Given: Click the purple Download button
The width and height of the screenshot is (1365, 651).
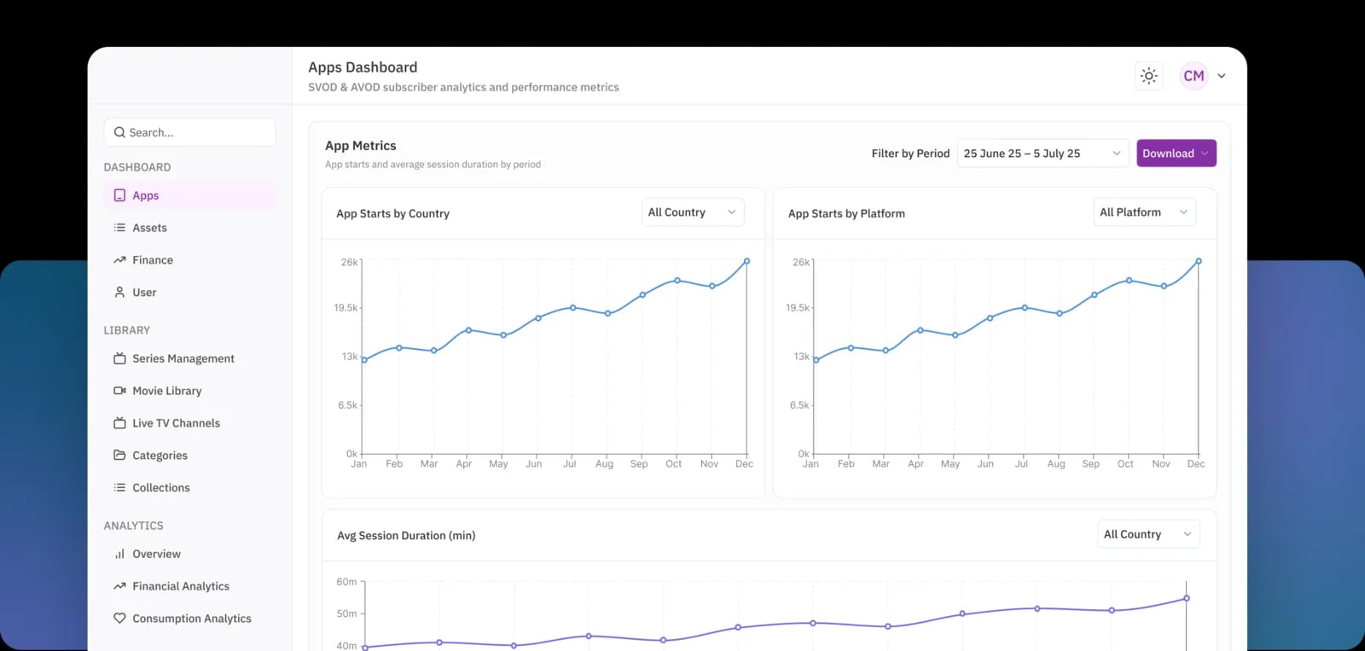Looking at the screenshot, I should tap(1175, 154).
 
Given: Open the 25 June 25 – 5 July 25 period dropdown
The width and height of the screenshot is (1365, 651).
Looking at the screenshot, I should tap(1042, 154).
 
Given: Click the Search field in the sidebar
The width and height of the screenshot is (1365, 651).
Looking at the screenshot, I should tap(189, 132).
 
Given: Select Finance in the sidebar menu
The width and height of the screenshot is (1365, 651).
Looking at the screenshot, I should tap(153, 260).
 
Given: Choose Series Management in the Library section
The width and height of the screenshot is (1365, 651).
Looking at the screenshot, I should tap(183, 358).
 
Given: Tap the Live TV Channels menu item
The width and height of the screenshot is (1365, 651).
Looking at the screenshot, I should tap(176, 423).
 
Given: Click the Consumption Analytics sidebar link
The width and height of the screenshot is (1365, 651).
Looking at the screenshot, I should tap(191, 619).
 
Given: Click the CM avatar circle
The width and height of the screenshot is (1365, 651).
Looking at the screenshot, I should tap(1194, 76).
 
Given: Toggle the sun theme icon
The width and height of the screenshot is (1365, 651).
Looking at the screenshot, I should tap(1149, 76).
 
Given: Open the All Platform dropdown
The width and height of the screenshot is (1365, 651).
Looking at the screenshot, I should tap(1143, 212).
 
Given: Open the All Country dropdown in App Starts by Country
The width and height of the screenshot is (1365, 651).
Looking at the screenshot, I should tap(692, 212).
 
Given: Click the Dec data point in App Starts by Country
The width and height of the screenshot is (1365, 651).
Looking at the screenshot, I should tap(746, 261).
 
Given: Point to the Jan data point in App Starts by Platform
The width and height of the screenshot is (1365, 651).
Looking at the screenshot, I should tap(816, 360).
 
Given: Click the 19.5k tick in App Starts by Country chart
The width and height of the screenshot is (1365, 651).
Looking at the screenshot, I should tap(346, 308).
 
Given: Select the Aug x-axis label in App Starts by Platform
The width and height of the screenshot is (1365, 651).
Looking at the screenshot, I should tap(1056, 464).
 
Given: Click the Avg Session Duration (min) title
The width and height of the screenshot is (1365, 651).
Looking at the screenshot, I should tap(406, 536).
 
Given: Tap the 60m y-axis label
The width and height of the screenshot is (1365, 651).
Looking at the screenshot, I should tap(346, 582).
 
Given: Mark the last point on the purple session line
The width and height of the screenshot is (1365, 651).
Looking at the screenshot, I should tap(1186, 598).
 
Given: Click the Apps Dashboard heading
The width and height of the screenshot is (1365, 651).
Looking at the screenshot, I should tap(363, 67).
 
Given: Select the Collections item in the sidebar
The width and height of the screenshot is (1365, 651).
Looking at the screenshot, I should tap(160, 488).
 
